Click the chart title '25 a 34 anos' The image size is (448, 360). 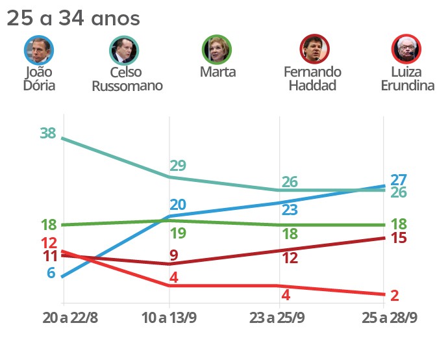point(73,19)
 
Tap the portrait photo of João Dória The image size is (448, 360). point(38,49)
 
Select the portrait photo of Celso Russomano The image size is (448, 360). point(125,49)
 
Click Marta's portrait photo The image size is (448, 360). point(217,49)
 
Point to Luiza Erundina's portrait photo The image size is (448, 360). point(406,49)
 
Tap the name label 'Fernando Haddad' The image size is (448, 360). point(312,78)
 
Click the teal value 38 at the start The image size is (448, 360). point(47,134)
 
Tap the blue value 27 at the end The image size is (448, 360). point(399,180)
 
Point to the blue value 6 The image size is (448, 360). point(51,273)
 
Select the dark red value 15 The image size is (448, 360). point(399,238)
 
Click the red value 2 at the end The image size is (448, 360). point(395,296)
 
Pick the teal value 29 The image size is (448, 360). point(178,165)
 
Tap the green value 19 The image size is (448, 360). point(178,233)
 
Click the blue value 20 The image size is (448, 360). point(178,205)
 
